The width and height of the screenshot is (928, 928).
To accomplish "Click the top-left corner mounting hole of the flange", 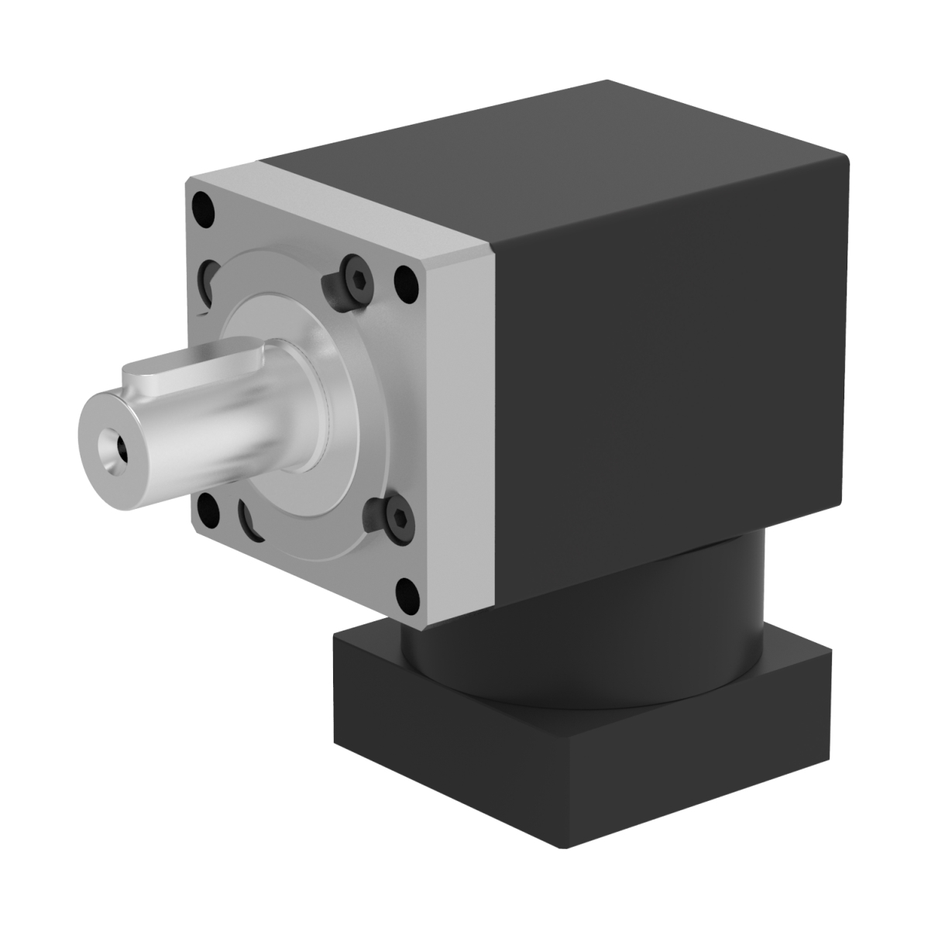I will click(203, 208).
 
